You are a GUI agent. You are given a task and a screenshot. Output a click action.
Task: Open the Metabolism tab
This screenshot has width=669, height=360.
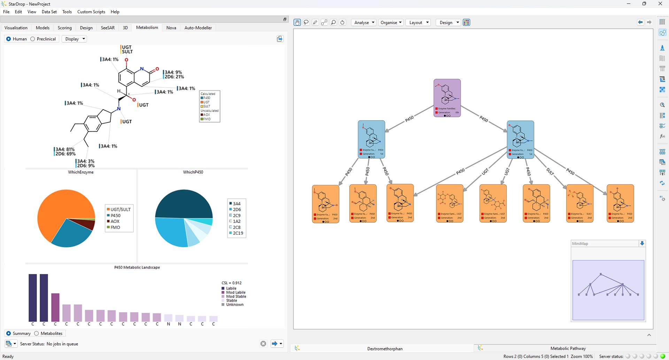pyautogui.click(x=147, y=28)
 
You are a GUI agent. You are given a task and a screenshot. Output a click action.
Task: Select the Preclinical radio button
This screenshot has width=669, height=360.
pyautogui.click(x=33, y=39)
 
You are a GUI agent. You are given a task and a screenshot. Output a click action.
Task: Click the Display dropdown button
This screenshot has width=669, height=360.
pyautogui.click(x=75, y=39)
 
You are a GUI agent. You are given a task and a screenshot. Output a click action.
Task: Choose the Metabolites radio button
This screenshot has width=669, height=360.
pyautogui.click(x=37, y=334)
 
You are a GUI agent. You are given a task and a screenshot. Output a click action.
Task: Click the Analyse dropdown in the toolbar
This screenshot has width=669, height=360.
pyautogui.click(x=364, y=23)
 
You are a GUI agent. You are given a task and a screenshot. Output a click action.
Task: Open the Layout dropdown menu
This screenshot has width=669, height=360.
pyautogui.click(x=418, y=23)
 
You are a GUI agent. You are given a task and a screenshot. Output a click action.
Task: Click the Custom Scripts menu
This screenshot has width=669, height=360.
pyautogui.click(x=91, y=12)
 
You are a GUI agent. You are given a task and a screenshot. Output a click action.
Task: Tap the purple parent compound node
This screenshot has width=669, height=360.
pyautogui.click(x=447, y=98)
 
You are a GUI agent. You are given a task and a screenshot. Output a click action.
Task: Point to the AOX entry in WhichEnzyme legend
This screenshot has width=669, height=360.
pyautogui.click(x=115, y=221)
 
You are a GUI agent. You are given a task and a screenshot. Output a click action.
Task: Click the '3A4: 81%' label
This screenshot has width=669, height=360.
pyautogui.click(x=65, y=150)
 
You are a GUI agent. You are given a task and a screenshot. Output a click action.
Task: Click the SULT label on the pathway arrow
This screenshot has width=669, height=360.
pyautogui.click(x=550, y=171)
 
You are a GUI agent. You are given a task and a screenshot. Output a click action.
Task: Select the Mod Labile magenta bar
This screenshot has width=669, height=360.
pyautogui.click(x=55, y=307)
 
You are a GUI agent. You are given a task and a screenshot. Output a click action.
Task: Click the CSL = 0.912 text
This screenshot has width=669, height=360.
pyautogui.click(x=232, y=283)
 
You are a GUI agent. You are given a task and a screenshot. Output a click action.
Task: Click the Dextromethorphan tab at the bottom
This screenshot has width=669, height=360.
pyautogui.click(x=384, y=348)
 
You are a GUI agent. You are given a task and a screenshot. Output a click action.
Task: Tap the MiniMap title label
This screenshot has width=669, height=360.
pyautogui.click(x=580, y=244)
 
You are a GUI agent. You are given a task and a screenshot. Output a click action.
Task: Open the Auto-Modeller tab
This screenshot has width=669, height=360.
pyautogui.click(x=198, y=28)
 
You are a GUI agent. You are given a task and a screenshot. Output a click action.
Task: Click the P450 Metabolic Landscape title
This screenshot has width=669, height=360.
pyautogui.click(x=137, y=267)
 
